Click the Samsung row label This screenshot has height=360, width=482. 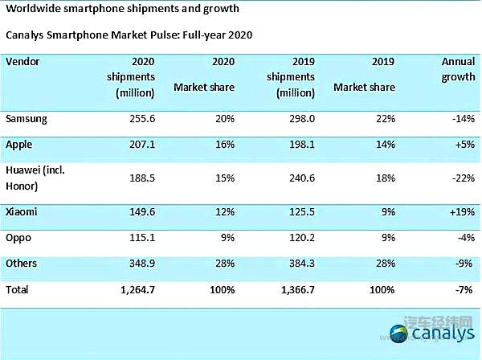[x=27, y=119]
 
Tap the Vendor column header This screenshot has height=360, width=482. [x=22, y=61]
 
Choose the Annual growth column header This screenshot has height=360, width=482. [x=459, y=69]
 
